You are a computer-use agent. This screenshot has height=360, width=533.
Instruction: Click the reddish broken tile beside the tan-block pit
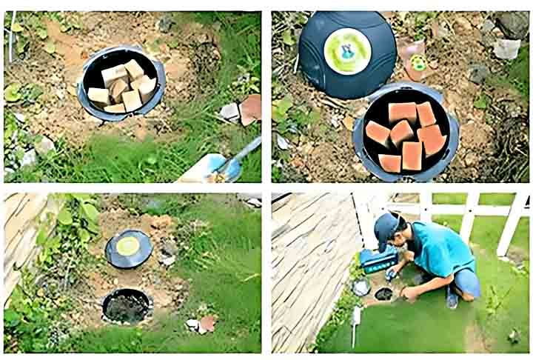pos(250,109)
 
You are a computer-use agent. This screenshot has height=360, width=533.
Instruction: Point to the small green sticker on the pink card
pos(419,63)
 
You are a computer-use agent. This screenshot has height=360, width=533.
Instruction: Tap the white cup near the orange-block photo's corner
pos(506,49)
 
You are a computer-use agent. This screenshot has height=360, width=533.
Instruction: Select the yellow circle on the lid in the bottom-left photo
pos(129,246)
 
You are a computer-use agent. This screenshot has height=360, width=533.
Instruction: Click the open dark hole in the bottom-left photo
pos(127,305)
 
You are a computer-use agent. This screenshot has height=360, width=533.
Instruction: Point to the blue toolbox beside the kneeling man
pos(375,261)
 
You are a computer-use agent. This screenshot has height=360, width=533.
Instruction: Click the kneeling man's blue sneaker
pos(452,298)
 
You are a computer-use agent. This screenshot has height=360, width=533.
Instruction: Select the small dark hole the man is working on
pos(383,293)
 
